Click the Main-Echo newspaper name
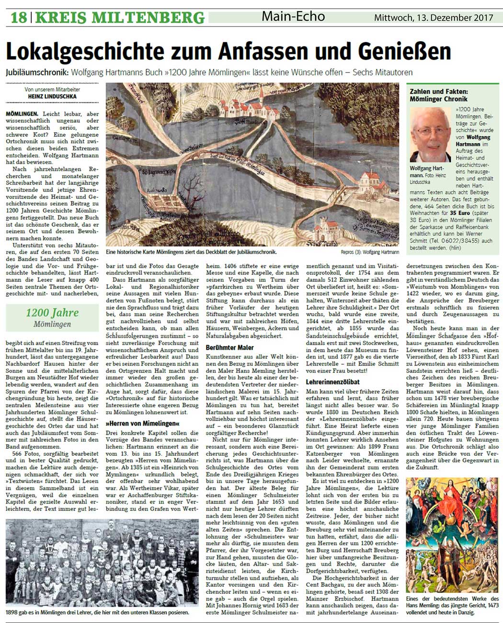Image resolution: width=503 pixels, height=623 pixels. [293, 17]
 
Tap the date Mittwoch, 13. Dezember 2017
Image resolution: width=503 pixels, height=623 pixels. [434, 18]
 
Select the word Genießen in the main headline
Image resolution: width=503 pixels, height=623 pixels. [401, 51]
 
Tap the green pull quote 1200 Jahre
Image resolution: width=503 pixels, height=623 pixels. [52, 313]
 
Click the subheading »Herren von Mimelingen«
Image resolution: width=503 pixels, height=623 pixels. [143, 424]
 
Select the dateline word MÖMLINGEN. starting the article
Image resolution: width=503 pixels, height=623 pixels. [23, 114]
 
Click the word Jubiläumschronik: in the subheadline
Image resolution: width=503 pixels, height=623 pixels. [38, 73]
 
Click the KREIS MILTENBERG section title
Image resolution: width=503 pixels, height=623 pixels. [120, 18]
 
